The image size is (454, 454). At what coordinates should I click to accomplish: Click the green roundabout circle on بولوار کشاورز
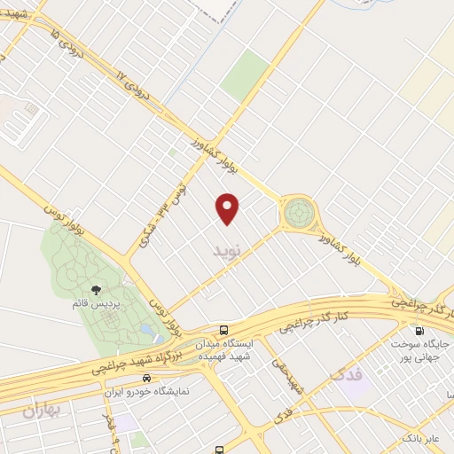pyautogui.click(x=298, y=214)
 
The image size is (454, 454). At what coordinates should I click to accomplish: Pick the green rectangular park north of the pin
pyautogui.click(x=245, y=74)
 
